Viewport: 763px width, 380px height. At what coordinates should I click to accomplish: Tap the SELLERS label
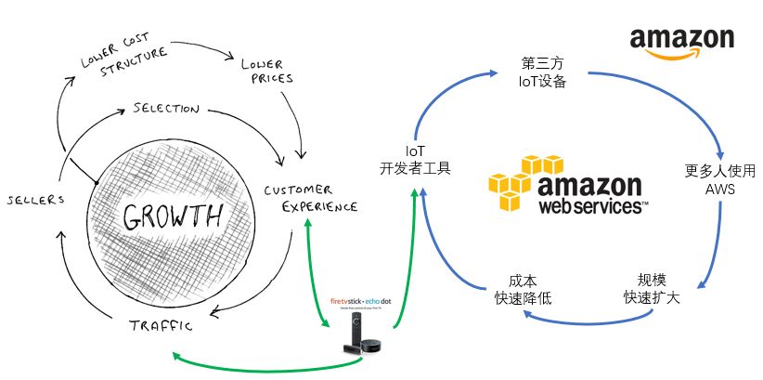coord(35,199)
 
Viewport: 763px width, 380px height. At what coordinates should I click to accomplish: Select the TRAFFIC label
coord(160,325)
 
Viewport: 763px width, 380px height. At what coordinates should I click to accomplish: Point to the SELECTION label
coord(166,109)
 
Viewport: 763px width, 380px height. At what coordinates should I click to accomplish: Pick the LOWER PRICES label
coord(267,72)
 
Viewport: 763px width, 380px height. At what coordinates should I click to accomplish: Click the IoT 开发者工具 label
coord(415,159)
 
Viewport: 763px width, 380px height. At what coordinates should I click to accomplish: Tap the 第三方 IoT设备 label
coord(542,72)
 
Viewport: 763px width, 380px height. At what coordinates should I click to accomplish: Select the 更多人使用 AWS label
coord(720,179)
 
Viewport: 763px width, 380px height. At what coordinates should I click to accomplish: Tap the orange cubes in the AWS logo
coord(522,183)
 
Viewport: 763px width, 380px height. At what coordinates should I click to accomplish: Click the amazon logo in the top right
coord(681,42)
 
